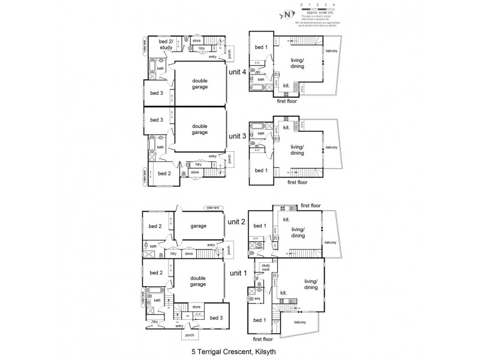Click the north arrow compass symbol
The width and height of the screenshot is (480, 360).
tap(287, 13)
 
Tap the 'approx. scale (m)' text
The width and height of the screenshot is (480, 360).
tap(320, 12)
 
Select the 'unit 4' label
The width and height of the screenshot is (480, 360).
tap(238, 71)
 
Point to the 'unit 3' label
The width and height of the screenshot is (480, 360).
tap(238, 136)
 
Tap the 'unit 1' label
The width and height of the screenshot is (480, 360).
tap(238, 274)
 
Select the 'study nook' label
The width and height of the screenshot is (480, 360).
tap(265, 269)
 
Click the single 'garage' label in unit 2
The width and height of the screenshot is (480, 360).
tap(200, 226)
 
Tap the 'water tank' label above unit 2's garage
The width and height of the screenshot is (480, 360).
tap(213, 208)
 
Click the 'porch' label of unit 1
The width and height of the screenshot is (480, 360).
tap(191, 335)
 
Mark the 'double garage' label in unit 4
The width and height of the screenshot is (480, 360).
tap(200, 84)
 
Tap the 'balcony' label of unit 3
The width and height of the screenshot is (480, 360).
tap(332, 147)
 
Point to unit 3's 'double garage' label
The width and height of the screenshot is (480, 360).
tap(200, 130)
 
